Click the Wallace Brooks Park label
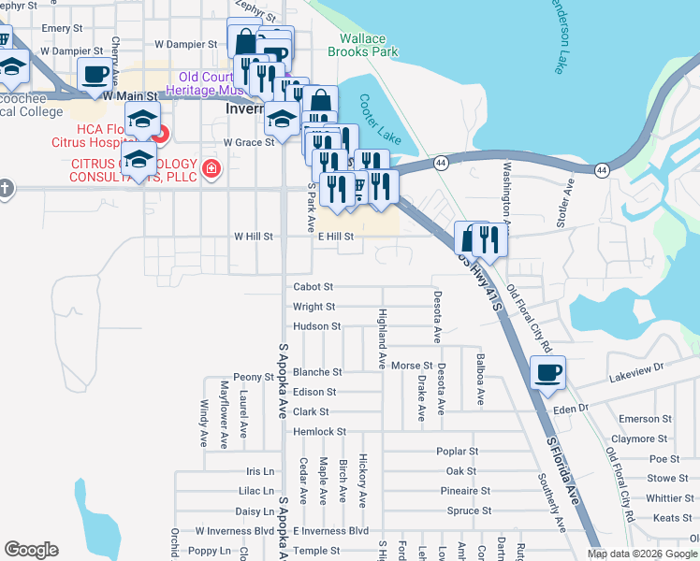pos(362,46)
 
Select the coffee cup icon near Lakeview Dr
pos(547,373)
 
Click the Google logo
pos(31,550)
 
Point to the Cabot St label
pos(314,287)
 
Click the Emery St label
pos(62,29)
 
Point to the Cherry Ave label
pos(115,56)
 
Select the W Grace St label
pos(249,142)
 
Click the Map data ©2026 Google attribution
pos(641,553)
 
